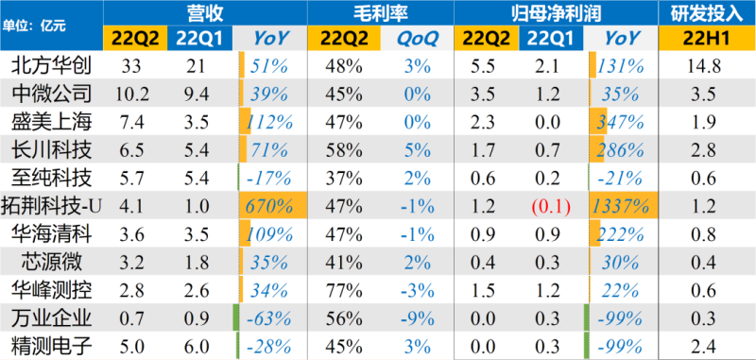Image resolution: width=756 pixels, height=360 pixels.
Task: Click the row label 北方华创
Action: tap(51, 67)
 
